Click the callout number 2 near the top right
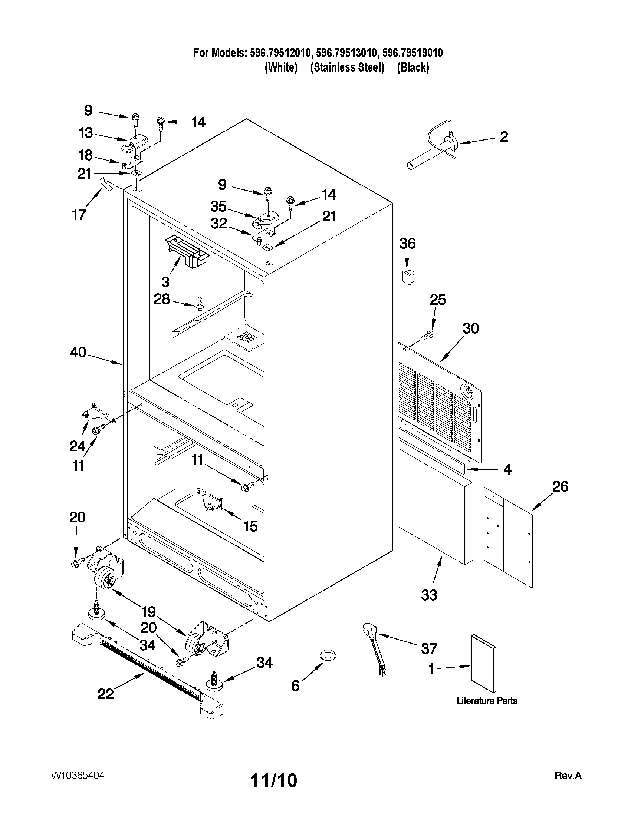[504, 137]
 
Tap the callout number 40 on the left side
[78, 352]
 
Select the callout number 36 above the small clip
[407, 244]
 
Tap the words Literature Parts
[487, 701]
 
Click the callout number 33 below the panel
[429, 595]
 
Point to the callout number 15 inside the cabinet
[250, 526]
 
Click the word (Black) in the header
[413, 67]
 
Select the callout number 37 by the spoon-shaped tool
[429, 649]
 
